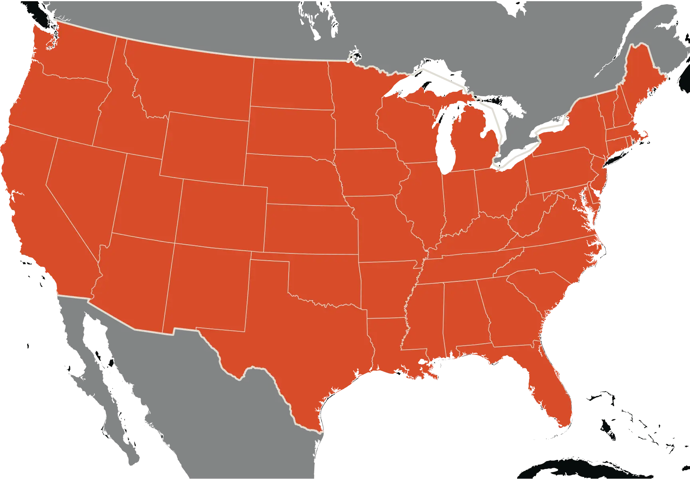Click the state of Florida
pyautogui.click(x=551, y=383)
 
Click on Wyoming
pyautogui.click(x=206, y=146)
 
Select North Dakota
pyautogui.click(x=291, y=84)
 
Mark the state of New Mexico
pyautogui.click(x=208, y=287)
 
